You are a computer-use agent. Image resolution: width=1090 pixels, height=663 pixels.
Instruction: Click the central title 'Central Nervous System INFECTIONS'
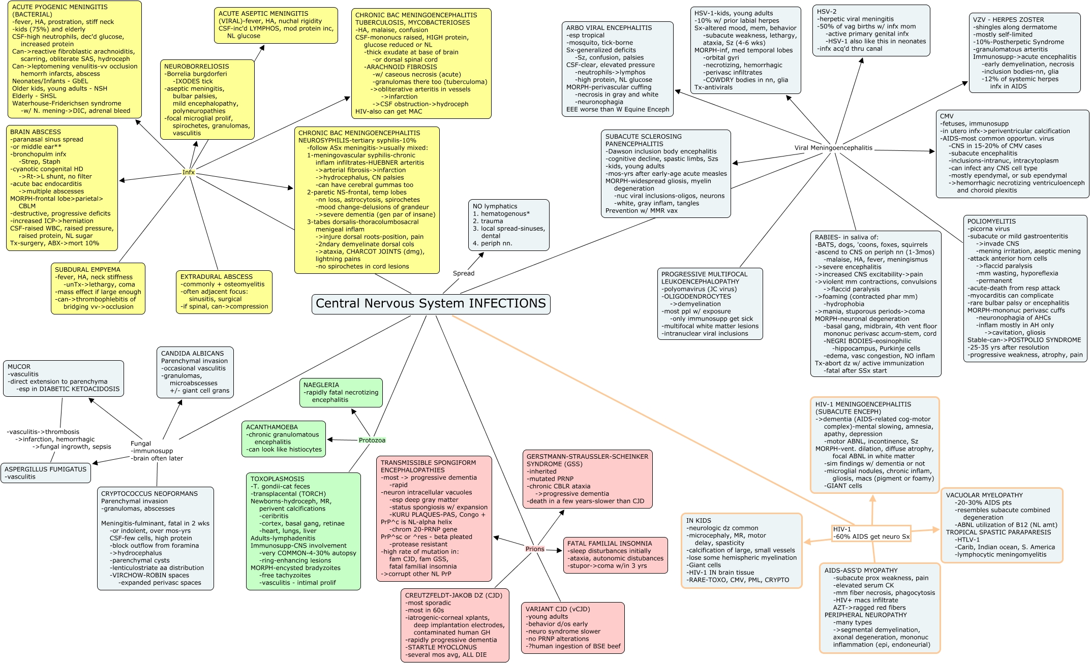click(x=431, y=303)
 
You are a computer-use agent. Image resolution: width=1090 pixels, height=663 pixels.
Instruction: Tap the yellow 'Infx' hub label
click(x=189, y=172)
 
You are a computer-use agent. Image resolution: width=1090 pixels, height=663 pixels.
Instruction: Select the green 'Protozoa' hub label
click(x=372, y=440)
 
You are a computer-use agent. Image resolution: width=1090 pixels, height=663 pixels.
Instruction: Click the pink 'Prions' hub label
click(x=535, y=549)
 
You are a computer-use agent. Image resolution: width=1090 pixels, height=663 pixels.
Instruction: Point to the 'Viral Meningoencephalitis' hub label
click(x=833, y=148)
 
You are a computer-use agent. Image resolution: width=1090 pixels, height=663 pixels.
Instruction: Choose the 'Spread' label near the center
click(x=464, y=273)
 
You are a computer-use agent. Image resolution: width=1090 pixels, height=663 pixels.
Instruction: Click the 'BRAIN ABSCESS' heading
click(x=36, y=132)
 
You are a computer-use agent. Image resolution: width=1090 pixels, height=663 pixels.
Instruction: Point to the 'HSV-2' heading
click(x=827, y=12)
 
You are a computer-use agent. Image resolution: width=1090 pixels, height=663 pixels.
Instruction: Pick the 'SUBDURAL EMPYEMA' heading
click(x=87, y=270)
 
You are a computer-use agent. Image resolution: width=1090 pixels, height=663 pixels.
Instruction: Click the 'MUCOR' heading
click(x=19, y=367)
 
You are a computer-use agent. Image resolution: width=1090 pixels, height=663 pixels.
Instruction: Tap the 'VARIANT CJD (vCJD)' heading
click(x=558, y=609)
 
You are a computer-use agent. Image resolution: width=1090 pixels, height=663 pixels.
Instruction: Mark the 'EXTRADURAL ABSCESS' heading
click(x=217, y=277)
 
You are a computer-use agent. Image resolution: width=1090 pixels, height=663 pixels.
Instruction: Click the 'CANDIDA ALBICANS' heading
click(x=192, y=354)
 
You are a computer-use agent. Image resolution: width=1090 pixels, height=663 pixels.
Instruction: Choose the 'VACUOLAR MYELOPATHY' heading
click(x=984, y=495)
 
